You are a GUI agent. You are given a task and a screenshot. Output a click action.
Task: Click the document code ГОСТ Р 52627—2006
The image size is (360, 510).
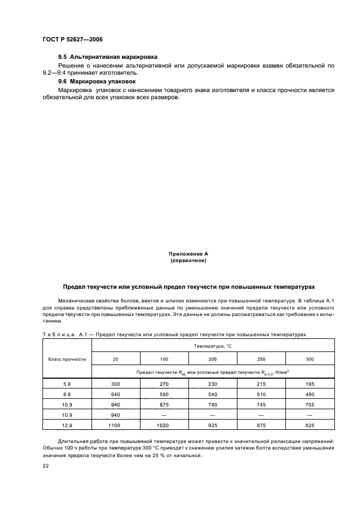72,40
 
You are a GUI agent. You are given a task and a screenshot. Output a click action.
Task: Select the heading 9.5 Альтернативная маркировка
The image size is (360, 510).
108,57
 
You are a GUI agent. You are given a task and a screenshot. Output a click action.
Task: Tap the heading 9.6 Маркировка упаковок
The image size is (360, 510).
97,81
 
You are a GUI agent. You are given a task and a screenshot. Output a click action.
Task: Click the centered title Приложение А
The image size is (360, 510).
188,254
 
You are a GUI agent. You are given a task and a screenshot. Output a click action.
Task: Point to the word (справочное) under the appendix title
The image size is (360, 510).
188,260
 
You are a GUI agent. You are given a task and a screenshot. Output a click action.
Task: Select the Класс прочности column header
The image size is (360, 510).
67,359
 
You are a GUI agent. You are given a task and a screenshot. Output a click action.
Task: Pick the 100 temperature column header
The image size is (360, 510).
164,359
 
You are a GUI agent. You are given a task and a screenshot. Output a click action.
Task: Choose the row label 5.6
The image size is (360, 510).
67,384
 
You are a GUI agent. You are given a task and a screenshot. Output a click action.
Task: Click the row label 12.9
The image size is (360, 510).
67,424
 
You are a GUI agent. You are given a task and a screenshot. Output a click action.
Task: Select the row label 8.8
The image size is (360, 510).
67,394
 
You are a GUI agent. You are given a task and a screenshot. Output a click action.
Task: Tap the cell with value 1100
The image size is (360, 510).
115,424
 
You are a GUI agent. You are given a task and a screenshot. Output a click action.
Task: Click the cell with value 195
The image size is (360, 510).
309,384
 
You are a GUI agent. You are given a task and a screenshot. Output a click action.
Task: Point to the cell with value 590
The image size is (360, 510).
164,394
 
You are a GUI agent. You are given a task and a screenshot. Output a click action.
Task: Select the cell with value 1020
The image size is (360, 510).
164,424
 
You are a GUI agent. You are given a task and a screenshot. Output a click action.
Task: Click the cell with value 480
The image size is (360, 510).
309,394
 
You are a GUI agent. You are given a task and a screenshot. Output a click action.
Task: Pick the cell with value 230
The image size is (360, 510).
212,384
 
